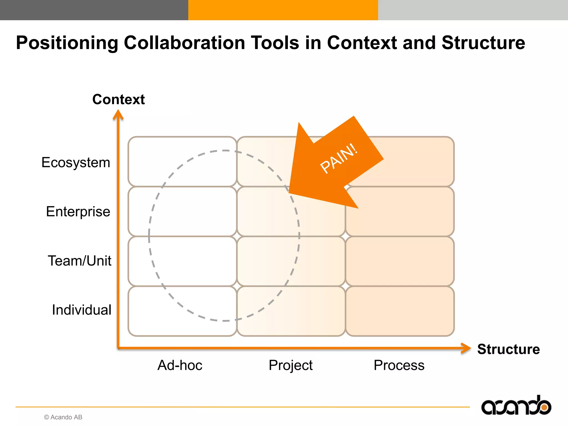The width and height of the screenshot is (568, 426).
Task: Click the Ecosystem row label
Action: [76, 163]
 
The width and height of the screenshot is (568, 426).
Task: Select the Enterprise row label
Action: [78, 212]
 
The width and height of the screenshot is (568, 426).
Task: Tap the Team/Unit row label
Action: [80, 261]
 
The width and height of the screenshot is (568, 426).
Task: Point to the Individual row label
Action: [82, 310]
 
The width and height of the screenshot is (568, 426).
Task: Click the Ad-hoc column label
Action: [180, 365]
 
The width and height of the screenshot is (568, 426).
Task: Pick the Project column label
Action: [290, 365]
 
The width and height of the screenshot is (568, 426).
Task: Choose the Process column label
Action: [399, 365]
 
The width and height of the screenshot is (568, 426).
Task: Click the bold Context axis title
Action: [118, 99]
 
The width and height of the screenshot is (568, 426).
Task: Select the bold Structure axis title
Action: [508, 349]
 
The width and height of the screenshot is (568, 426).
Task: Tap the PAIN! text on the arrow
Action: [339, 158]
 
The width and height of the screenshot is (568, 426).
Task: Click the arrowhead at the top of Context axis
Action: [118, 115]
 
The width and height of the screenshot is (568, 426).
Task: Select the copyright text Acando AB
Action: [63, 417]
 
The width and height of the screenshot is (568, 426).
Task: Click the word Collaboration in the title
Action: [184, 43]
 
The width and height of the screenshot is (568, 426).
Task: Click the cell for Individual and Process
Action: [400, 311]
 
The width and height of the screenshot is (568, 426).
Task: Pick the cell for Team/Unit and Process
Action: [400, 261]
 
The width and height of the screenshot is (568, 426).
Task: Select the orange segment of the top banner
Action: [283, 10]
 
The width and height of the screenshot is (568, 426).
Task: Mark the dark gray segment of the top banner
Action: [94, 10]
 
